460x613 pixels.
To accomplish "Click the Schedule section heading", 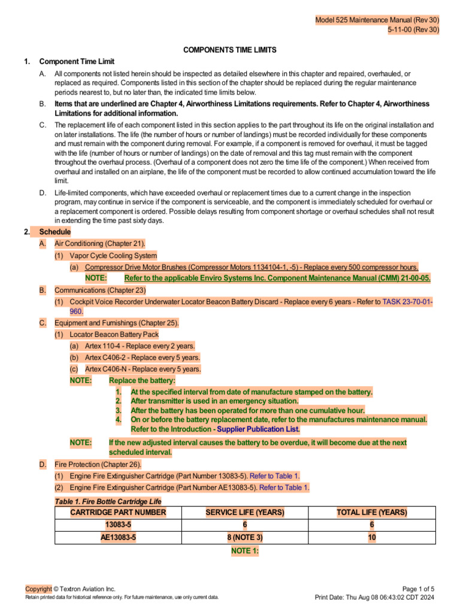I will (55, 232).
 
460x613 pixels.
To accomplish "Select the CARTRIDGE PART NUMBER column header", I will (118, 512).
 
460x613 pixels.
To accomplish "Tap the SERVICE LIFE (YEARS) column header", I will (244, 512).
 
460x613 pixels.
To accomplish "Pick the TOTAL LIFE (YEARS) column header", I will (372, 512).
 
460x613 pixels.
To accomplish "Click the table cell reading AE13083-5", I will (118, 538).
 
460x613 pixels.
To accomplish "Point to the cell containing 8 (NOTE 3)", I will (244, 538).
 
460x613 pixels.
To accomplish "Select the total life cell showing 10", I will (372, 538).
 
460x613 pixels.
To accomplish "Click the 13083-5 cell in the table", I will (118, 525).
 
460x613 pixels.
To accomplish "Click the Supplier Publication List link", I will (258, 429).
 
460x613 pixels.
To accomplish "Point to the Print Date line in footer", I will (375, 597).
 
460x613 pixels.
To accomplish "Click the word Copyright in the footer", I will (38, 589).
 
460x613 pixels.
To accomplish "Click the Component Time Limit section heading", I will (77, 62).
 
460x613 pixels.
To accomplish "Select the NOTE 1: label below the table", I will (244, 550).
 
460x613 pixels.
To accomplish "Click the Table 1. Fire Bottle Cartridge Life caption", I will (108, 501).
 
